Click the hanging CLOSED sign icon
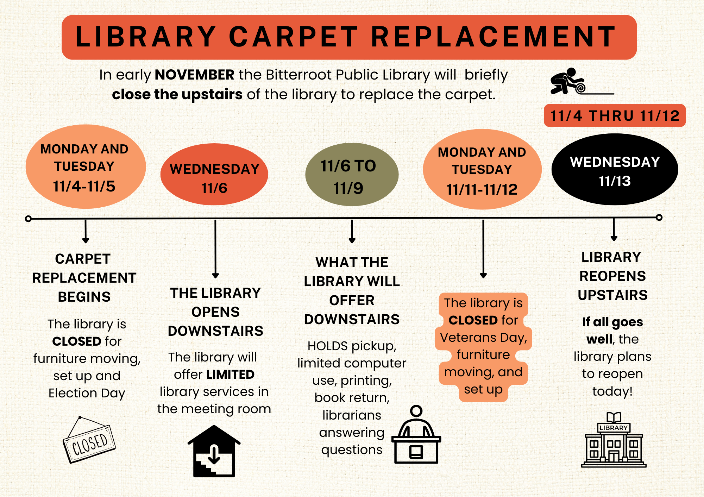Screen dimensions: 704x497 tap(89, 440)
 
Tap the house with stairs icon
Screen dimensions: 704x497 tap(214, 451)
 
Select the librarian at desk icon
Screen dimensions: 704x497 tap(416, 435)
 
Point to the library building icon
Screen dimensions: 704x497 tap(614, 440)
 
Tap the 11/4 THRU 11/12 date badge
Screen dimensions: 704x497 tap(615, 115)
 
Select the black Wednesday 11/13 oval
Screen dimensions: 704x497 tap(615, 169)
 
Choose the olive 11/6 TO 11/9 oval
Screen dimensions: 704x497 tap(352, 175)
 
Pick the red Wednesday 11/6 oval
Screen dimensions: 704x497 tap(214, 174)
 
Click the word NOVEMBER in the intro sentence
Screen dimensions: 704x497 tap(195, 75)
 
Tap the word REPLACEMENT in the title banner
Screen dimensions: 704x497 tap(494, 37)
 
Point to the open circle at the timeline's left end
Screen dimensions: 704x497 tap(29, 219)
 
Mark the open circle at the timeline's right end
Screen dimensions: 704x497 tap(659, 218)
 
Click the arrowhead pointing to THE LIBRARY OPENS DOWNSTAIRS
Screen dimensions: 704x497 tap(215, 276)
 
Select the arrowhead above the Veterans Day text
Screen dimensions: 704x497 tap(483, 275)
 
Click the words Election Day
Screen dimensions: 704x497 tap(87, 393)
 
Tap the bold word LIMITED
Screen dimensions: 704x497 tap(231, 375)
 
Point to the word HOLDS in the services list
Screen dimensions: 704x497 tap(328, 346)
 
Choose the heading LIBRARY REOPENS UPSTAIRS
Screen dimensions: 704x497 tap(612, 276)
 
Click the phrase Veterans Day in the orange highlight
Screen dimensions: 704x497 tap(484, 338)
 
